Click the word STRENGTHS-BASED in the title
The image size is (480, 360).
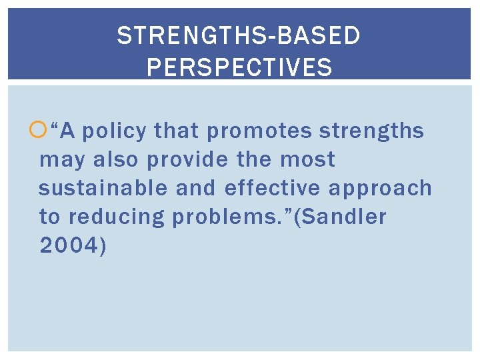point(239,35)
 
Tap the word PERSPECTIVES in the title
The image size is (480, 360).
point(239,67)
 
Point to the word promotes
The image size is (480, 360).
point(259,132)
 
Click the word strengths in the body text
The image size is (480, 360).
point(371,131)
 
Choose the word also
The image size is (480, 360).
point(116,160)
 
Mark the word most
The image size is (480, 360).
point(308,160)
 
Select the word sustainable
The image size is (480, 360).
point(103,189)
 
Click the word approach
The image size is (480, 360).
point(380,189)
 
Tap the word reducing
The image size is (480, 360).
point(117,217)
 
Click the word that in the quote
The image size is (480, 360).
point(177,131)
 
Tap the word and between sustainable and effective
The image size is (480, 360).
point(197,189)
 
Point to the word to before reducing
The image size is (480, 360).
point(50,217)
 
